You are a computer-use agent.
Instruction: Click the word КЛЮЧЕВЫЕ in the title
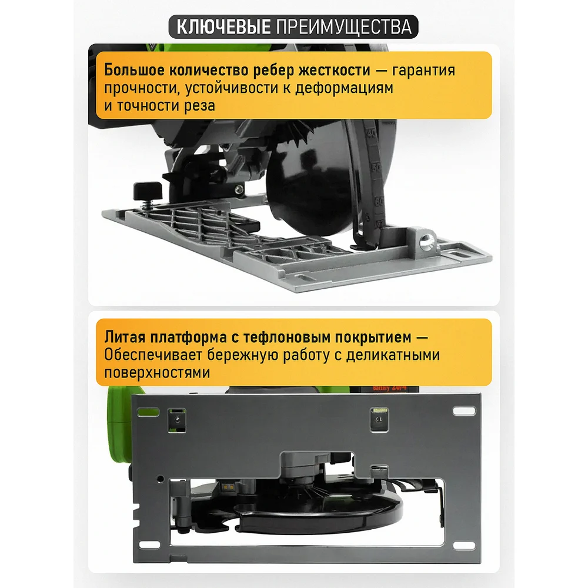tap(223, 27)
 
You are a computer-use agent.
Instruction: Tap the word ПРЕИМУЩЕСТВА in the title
tap(344, 27)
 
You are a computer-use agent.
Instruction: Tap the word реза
tap(199, 106)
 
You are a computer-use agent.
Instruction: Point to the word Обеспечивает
tap(153, 355)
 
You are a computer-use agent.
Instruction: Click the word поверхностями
tap(157, 373)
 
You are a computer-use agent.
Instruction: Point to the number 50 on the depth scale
tap(376, 168)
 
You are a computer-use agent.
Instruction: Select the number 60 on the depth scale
tap(379, 201)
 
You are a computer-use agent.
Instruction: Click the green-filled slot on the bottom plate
tap(148, 413)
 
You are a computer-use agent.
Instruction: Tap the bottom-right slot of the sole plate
tap(465, 545)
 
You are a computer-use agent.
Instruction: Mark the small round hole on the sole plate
tap(160, 479)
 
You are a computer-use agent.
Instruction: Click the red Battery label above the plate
tap(389, 387)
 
